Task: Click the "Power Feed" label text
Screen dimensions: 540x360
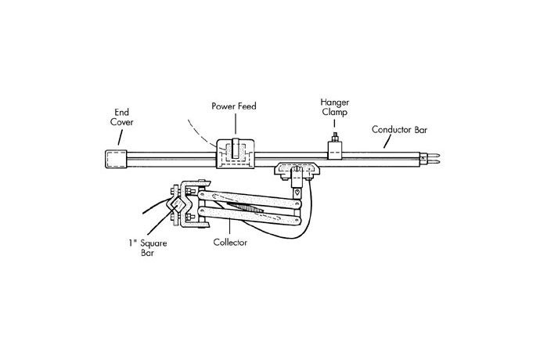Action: (234, 106)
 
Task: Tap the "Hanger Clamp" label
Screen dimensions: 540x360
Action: (334, 107)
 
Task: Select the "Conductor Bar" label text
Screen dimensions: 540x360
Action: (399, 130)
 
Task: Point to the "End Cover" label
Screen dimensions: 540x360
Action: (121, 117)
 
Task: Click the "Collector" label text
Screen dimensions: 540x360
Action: (230, 243)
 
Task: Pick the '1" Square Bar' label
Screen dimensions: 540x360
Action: (148, 247)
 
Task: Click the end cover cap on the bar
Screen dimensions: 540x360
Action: (116, 159)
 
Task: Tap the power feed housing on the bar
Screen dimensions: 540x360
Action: (236, 153)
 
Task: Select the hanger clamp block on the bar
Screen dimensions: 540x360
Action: (335, 150)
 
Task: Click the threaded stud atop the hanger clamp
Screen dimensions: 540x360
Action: (335, 137)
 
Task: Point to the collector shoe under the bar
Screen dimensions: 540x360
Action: (297, 171)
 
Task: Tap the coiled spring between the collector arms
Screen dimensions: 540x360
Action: (245, 207)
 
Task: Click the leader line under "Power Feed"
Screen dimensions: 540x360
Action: (236, 124)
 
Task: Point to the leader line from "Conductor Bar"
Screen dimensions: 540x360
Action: (387, 141)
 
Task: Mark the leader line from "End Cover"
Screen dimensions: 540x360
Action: (120, 138)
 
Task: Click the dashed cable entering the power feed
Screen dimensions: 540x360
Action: (201, 135)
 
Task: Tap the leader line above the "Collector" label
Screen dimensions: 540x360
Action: (230, 228)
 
